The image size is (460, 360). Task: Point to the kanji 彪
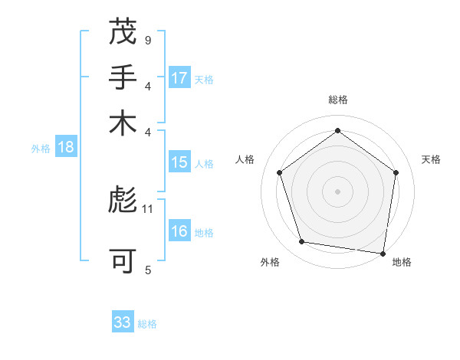click(x=123, y=201)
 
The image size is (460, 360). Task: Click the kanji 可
click(x=123, y=261)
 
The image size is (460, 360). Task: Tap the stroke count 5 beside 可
click(x=147, y=270)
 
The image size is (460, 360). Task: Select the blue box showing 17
click(x=179, y=77)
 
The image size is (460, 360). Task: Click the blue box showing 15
click(x=179, y=162)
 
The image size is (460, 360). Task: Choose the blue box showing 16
click(x=179, y=231)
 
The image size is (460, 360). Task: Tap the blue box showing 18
click(x=66, y=147)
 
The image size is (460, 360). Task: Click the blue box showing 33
click(x=123, y=322)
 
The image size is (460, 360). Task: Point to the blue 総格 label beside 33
click(x=147, y=324)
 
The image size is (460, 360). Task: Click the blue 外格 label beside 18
click(x=41, y=149)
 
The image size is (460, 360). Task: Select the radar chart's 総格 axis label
click(x=337, y=100)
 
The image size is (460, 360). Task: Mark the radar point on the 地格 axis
click(x=383, y=253)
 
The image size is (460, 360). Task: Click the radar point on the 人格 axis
click(x=279, y=172)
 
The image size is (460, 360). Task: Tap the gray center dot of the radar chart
click(x=337, y=191)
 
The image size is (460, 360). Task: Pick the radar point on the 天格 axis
click(x=396, y=172)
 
